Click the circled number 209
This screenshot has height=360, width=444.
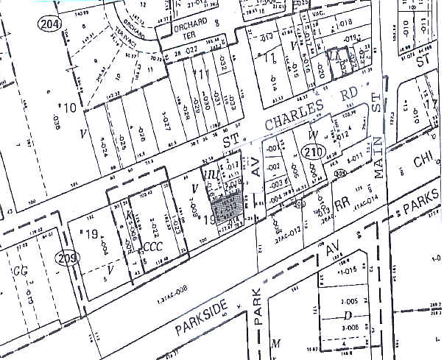point(65,258)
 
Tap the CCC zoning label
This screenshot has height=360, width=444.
point(152,246)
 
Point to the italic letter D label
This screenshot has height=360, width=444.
point(346,314)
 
